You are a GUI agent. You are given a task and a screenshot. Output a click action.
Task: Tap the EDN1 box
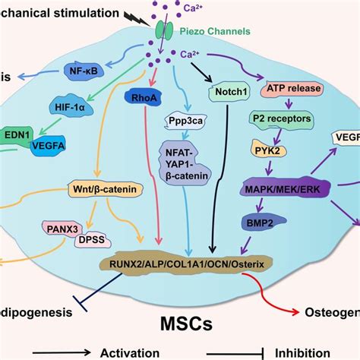(x=17, y=134)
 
